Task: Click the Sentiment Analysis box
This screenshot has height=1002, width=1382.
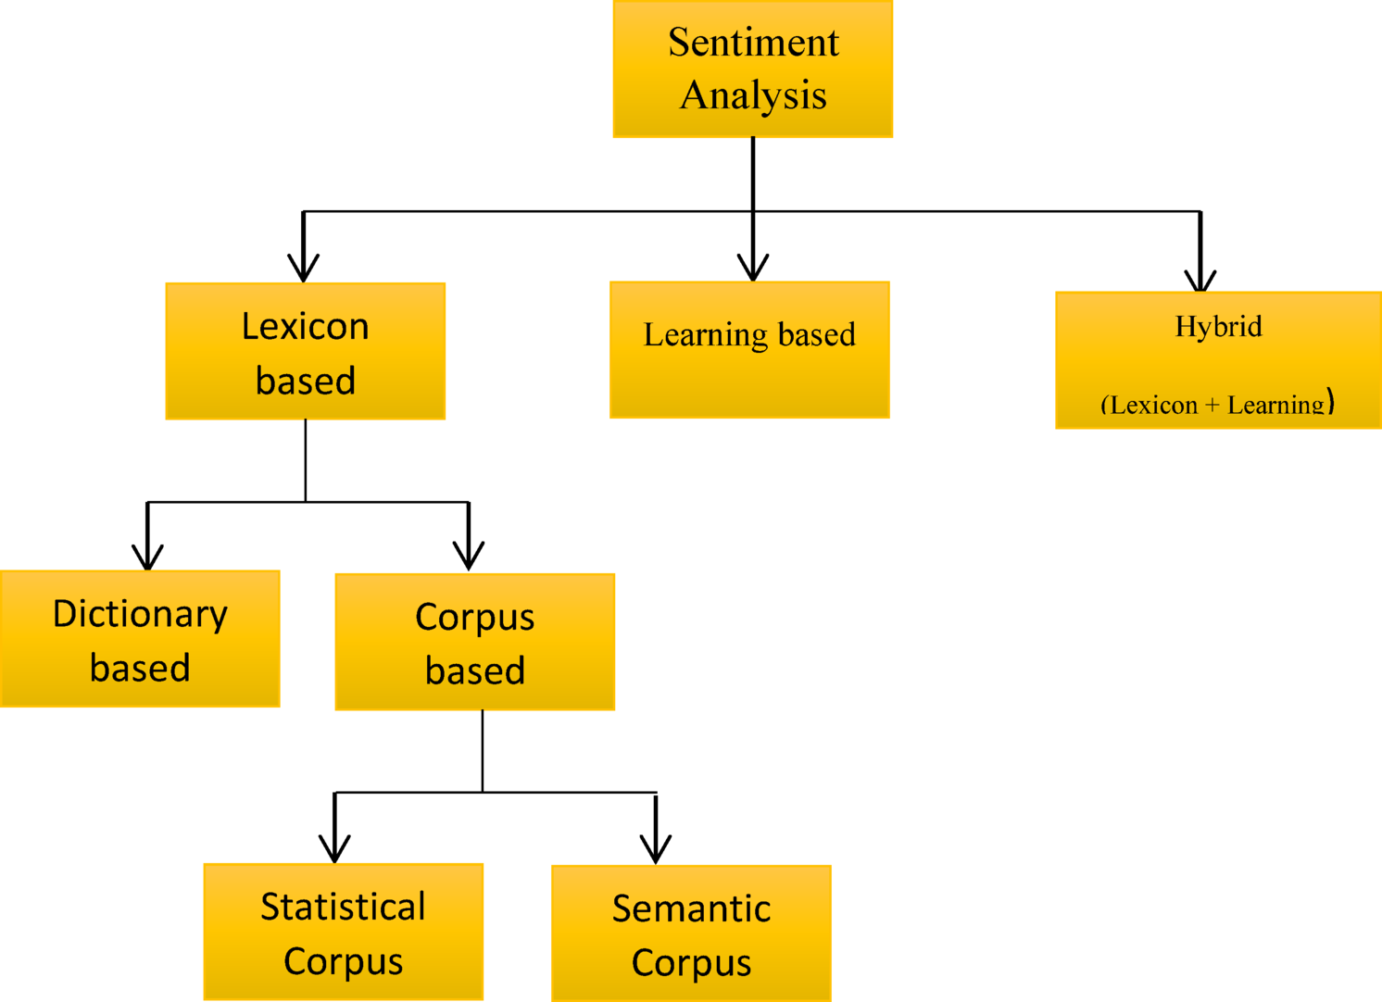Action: pyautogui.click(x=752, y=69)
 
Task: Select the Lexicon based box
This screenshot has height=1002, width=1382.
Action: pyautogui.click(x=305, y=351)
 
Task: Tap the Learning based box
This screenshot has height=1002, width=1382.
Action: pyautogui.click(x=749, y=350)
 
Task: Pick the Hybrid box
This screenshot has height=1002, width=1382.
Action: pyautogui.click(x=1218, y=360)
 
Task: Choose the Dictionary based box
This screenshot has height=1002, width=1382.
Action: pyautogui.click(x=140, y=639)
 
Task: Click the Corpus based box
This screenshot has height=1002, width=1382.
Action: pyautogui.click(x=474, y=642)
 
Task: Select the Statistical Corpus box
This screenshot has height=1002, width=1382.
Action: pyautogui.click(x=343, y=932)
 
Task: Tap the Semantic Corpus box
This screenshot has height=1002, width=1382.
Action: pyautogui.click(x=691, y=933)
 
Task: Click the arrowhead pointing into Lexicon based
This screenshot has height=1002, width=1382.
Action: pyautogui.click(x=303, y=269)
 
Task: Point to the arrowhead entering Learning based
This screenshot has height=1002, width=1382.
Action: pyautogui.click(x=753, y=269)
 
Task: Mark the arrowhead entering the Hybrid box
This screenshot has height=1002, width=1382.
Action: pyautogui.click(x=1200, y=281)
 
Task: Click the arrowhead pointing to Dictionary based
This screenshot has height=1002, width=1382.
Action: pyautogui.click(x=147, y=557)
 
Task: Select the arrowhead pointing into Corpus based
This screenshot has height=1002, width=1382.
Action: pyautogui.click(x=469, y=557)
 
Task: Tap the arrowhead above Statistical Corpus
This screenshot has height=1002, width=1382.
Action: pyautogui.click(x=334, y=850)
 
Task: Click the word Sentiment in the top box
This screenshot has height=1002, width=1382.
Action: pyautogui.click(x=753, y=43)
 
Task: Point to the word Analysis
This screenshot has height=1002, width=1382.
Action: pyautogui.click(x=753, y=95)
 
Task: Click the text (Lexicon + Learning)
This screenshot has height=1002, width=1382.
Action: pyautogui.click(x=1217, y=404)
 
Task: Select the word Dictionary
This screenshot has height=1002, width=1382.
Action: pyautogui.click(x=140, y=614)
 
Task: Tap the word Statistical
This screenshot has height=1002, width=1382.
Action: pyautogui.click(x=343, y=907)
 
